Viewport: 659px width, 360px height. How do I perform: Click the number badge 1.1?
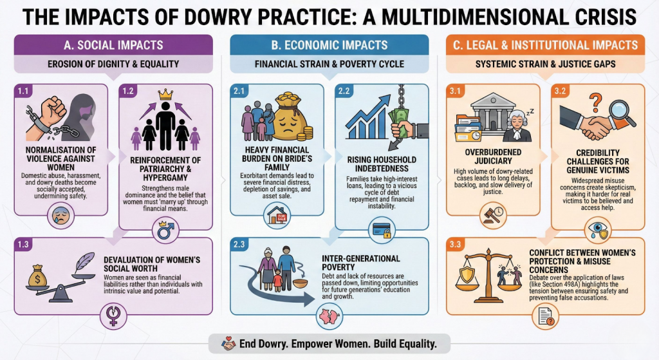[x=22, y=91]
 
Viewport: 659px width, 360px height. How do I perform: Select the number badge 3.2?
[x=559, y=91]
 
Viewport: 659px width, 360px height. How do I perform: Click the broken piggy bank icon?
[x=324, y=316]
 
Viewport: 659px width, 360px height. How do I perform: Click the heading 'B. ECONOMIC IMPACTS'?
[x=329, y=46]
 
